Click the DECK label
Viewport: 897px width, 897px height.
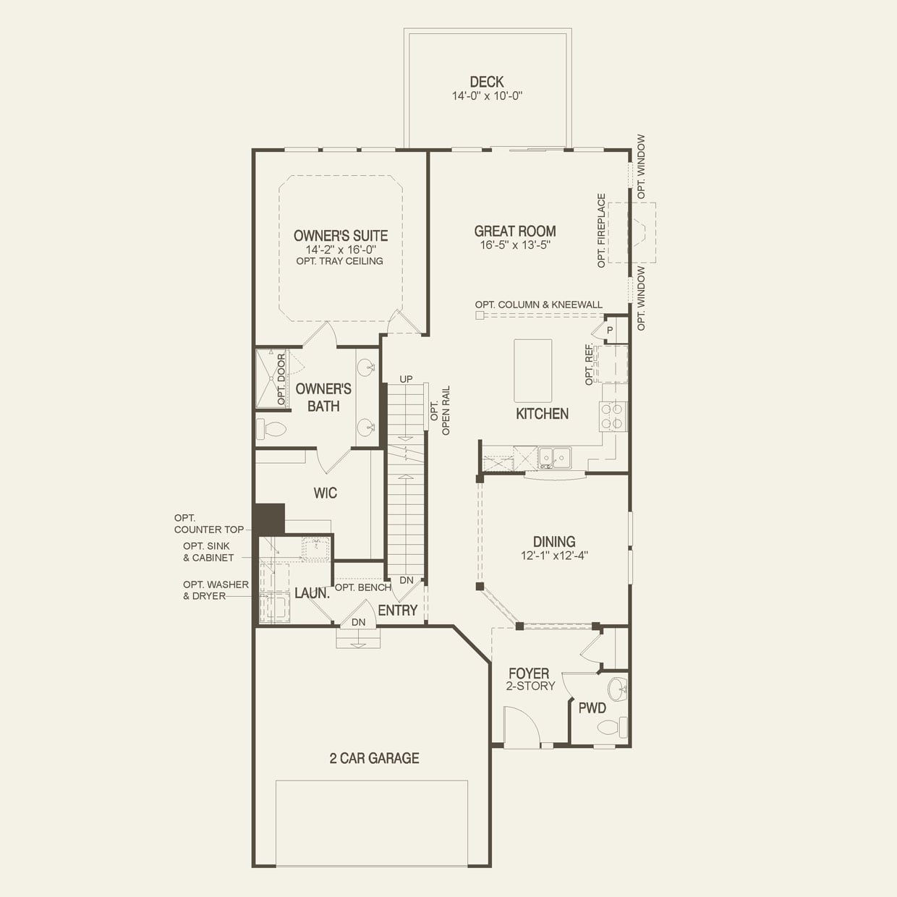click(486, 82)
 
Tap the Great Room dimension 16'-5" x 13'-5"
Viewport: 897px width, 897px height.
click(515, 245)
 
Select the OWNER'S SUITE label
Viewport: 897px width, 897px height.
click(340, 235)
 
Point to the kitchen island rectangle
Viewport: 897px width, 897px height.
click(532, 370)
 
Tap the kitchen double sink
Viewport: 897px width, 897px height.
click(554, 457)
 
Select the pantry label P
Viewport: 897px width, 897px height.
click(610, 330)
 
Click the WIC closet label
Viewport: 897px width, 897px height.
click(325, 493)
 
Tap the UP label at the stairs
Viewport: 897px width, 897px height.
click(406, 379)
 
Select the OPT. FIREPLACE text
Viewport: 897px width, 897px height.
click(601, 231)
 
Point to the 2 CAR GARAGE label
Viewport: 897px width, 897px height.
click(374, 758)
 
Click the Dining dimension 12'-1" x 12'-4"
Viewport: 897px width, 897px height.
click(554, 556)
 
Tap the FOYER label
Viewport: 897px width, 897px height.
click(529, 673)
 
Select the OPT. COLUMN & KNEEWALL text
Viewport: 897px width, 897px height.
click(538, 305)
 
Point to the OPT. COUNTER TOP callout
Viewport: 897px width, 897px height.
click(209, 524)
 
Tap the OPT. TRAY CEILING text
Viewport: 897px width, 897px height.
click(339, 261)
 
